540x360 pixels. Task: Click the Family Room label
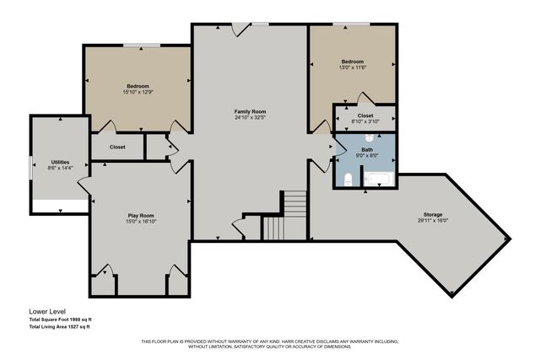pyautogui.click(x=250, y=111)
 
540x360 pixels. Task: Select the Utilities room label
pyautogui.click(x=60, y=162)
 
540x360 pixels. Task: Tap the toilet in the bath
pyautogui.click(x=348, y=178)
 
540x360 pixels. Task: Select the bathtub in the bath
pyautogui.click(x=375, y=178)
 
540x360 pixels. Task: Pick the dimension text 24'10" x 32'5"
pyautogui.click(x=250, y=118)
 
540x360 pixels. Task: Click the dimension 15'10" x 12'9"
pyautogui.click(x=138, y=93)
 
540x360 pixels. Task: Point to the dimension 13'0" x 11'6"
pyautogui.click(x=352, y=68)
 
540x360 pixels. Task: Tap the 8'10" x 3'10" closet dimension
pyautogui.click(x=364, y=121)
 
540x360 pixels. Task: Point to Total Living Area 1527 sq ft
pyautogui.click(x=59, y=325)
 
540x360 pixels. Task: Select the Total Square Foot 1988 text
pyautogui.click(x=59, y=318)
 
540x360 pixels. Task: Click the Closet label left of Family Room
pyautogui.click(x=117, y=147)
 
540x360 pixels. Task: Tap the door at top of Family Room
pyautogui.click(x=241, y=29)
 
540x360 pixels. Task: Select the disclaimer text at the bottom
pyautogui.click(x=270, y=343)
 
